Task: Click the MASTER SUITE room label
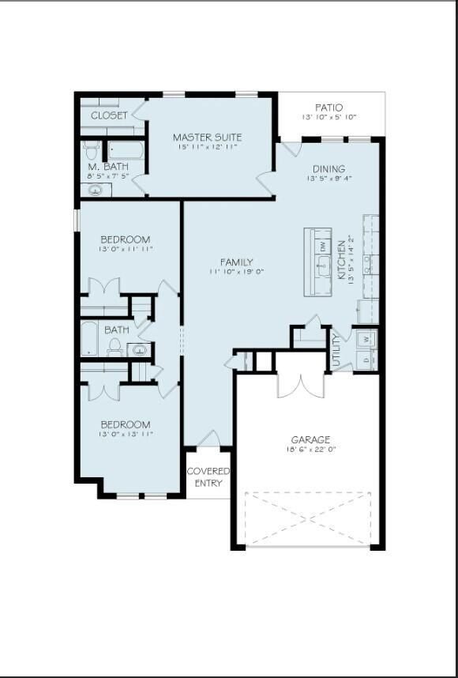pos(207,137)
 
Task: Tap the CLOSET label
pos(109,115)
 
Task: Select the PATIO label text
pos(328,107)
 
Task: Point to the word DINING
pos(328,168)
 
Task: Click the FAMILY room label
pos(236,262)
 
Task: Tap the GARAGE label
pos(310,439)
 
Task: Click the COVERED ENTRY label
pos(208,477)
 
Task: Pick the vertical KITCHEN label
pos(342,261)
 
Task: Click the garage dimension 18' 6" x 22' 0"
pos(310,450)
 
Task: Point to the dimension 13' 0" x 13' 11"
pos(125,434)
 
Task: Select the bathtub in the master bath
pos(126,149)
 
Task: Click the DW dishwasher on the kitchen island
pos(322,246)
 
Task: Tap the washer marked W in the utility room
pos(366,340)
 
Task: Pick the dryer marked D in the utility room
pos(366,360)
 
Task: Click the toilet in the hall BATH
pos(114,346)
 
